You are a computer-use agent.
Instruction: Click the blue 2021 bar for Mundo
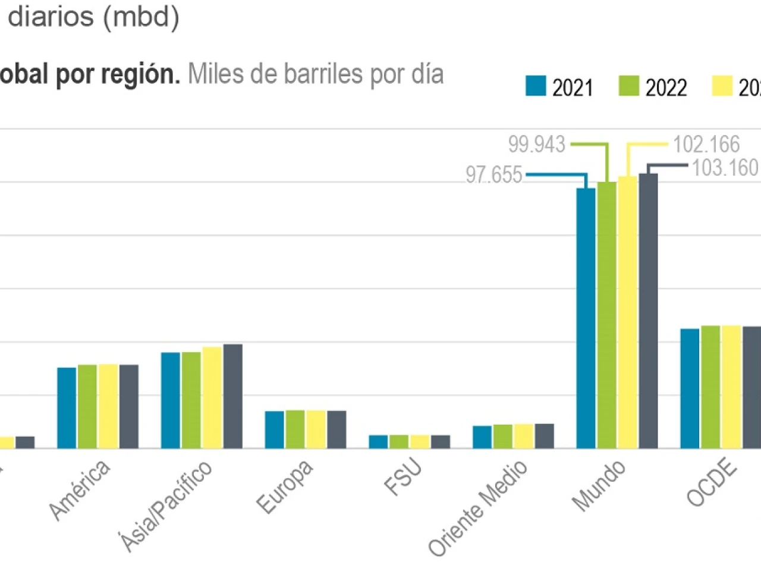(x=586, y=318)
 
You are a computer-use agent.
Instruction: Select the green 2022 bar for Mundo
(x=607, y=315)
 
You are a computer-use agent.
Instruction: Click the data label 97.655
(x=493, y=175)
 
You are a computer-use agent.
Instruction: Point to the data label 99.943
(x=536, y=145)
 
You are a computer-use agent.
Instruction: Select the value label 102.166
(x=706, y=145)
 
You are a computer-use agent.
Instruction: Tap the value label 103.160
(x=725, y=168)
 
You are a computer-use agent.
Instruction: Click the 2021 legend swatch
(x=536, y=86)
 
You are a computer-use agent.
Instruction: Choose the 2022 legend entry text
(x=666, y=88)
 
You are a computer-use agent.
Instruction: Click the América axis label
(x=80, y=489)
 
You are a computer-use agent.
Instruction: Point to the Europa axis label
(x=285, y=487)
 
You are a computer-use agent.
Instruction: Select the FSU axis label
(x=404, y=478)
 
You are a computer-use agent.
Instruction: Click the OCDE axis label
(x=712, y=484)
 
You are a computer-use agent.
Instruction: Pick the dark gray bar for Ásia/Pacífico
(x=232, y=396)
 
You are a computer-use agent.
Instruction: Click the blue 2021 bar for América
(x=67, y=408)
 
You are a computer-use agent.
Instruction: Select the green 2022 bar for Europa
(x=295, y=429)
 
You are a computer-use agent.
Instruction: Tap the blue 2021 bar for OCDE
(x=690, y=388)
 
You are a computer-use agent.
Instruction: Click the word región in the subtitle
(x=140, y=74)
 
